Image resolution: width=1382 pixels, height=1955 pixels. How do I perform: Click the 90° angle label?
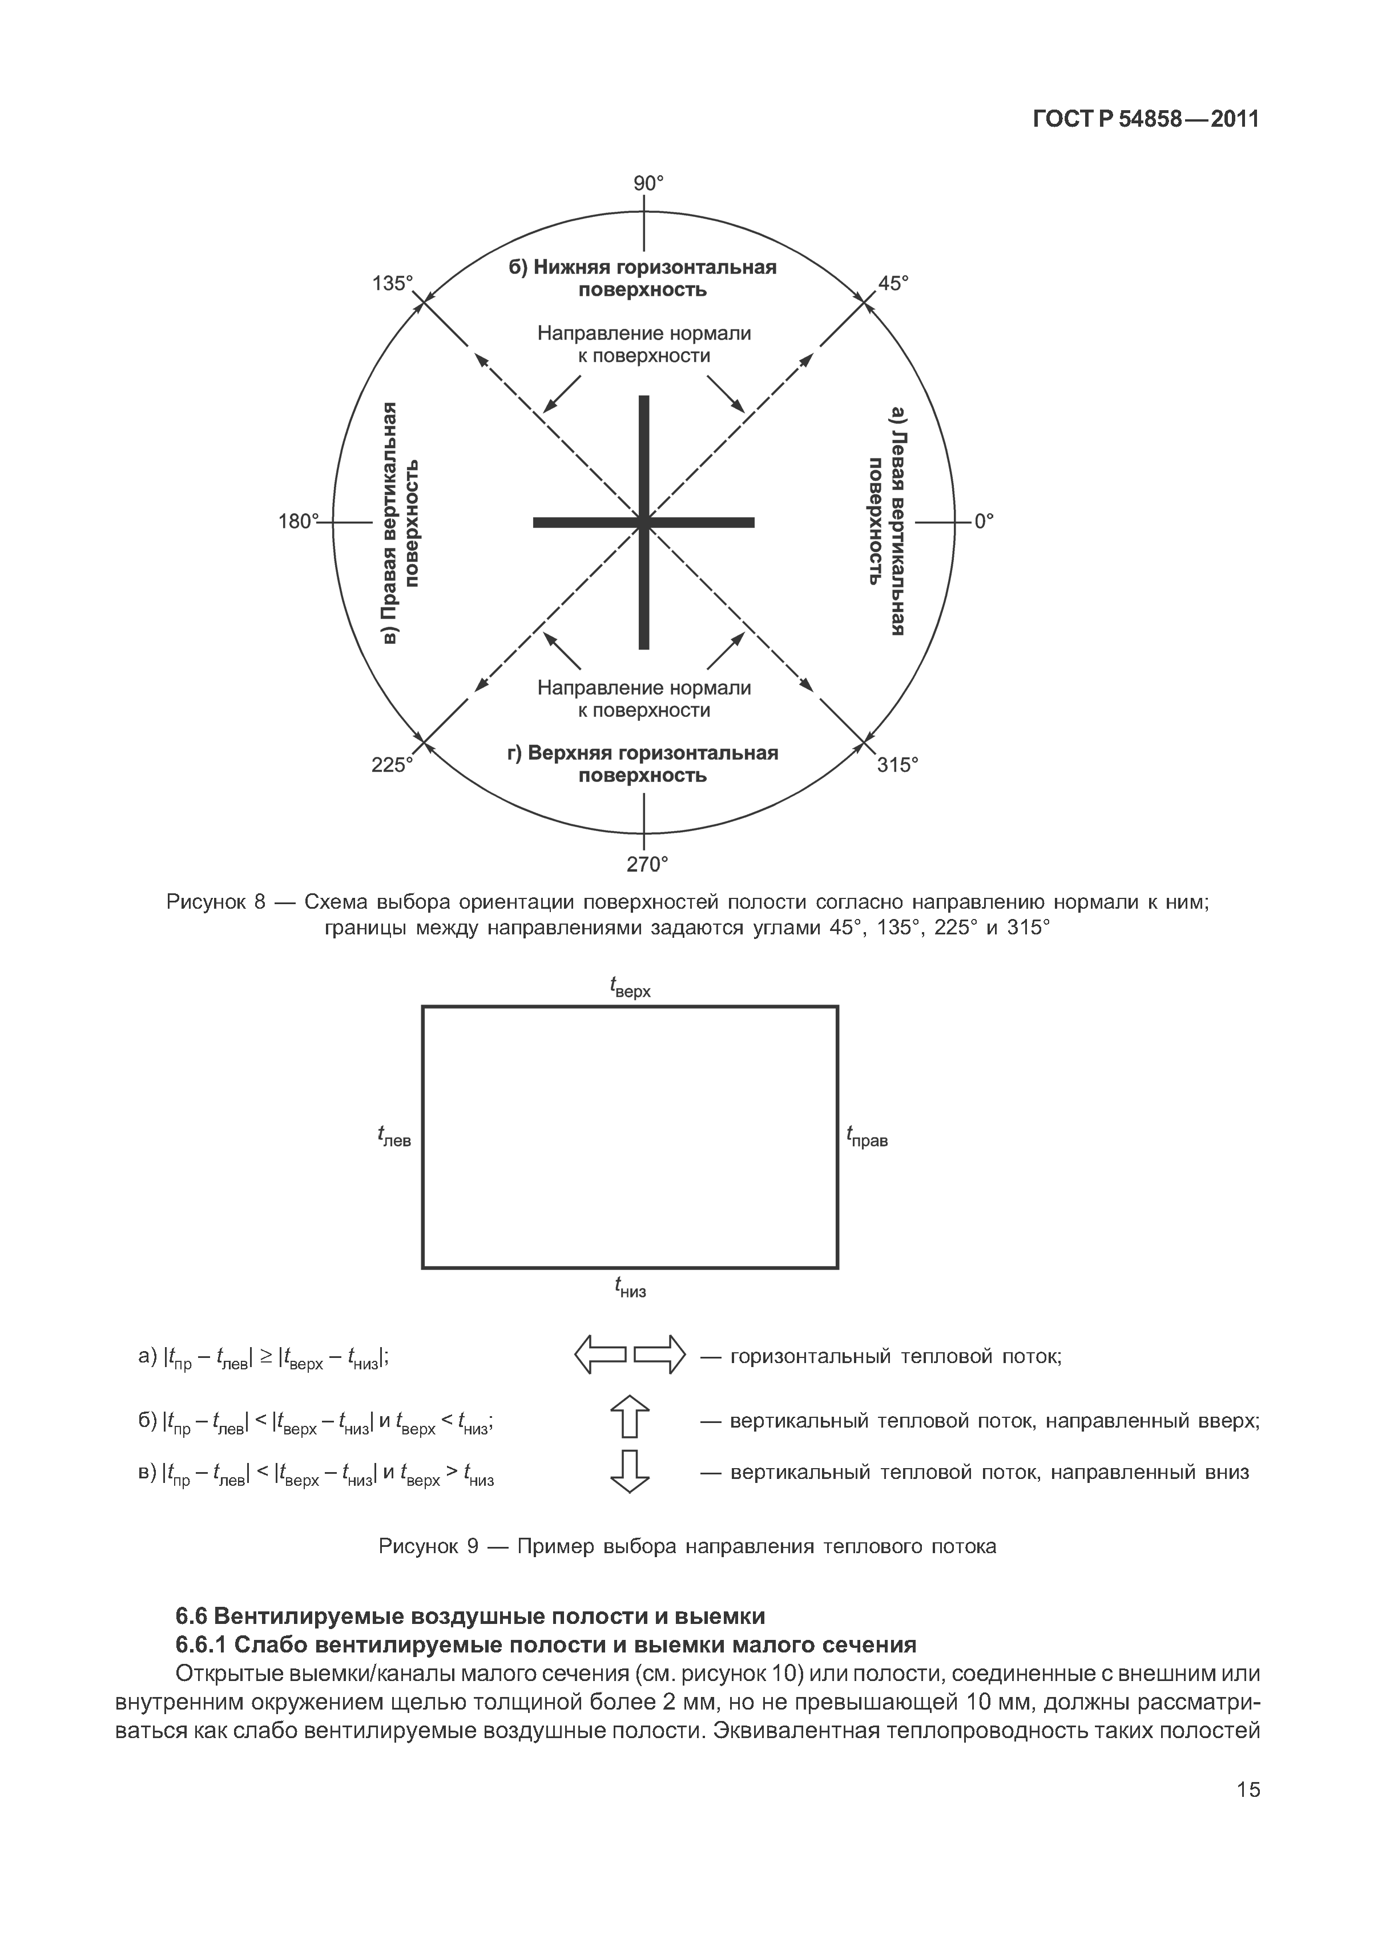[648, 183]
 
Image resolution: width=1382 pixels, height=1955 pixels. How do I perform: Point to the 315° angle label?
[898, 765]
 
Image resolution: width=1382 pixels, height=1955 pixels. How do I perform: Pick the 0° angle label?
[984, 521]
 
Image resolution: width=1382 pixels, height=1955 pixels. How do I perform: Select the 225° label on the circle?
[392, 765]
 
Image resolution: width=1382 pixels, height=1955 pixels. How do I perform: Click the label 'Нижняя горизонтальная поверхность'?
[643, 279]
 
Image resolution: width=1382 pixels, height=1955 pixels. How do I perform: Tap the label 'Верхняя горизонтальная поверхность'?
[643, 764]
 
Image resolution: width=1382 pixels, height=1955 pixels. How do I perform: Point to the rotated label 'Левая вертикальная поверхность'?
[885, 521]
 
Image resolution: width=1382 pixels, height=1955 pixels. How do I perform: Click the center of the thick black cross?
[644, 522]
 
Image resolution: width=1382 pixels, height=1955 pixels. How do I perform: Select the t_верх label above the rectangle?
[630, 987]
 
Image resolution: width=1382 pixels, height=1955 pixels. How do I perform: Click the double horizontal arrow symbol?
[630, 1355]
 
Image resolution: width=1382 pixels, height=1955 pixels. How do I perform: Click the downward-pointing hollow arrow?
[630, 1472]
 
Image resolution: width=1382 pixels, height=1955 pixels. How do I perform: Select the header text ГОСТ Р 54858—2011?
[1145, 120]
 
